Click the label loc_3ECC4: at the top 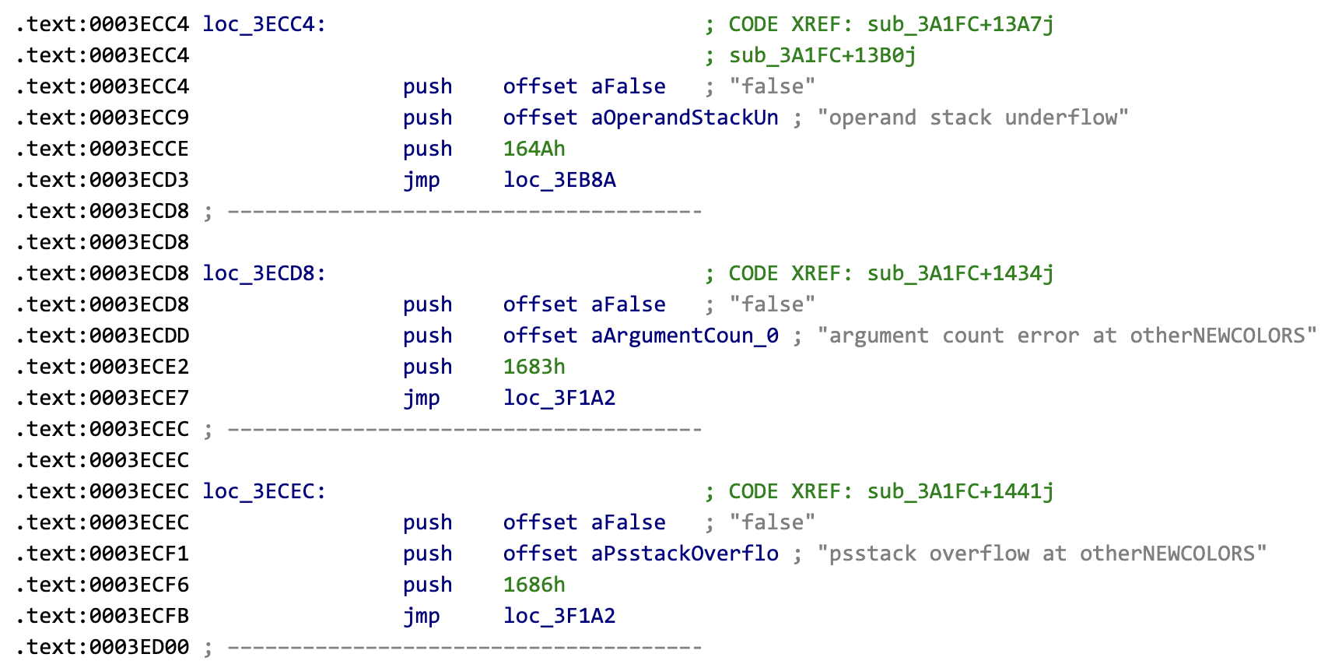pos(264,24)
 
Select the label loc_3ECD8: pos(264,273)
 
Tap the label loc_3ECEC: pos(264,491)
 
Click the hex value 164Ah pos(534,149)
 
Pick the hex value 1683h pos(534,367)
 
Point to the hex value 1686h pos(534,585)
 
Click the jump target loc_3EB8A pos(559,180)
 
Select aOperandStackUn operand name pos(685,118)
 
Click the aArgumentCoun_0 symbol pos(685,336)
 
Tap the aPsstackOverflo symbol pos(685,554)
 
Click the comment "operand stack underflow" pos(972,118)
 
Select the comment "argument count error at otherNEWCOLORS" pos(1067,336)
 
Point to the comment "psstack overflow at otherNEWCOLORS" pos(1042,554)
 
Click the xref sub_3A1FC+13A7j pos(960,24)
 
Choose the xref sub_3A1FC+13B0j pos(822,55)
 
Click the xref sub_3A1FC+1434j pos(960,273)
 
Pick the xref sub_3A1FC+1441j pos(960,491)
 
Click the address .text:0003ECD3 pos(102,180)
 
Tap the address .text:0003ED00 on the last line pos(102,647)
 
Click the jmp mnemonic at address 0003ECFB pos(421,616)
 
